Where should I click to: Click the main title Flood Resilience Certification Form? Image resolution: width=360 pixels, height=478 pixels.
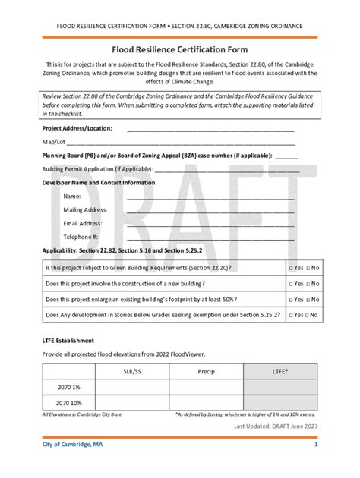pos(180,49)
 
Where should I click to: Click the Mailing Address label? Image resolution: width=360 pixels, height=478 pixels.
pos(84,209)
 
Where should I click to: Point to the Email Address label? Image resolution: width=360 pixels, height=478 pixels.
pos(82,223)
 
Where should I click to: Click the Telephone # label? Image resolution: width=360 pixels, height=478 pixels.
pos(81,237)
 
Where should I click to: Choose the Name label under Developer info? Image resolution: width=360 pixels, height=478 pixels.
pos(71,196)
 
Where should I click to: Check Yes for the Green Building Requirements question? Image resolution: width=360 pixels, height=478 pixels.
pos(292,268)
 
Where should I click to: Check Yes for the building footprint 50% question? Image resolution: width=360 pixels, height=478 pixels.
pos(292,299)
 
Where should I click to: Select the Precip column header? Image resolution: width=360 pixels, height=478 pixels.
pos(207,373)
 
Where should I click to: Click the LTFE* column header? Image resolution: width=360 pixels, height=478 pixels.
pos(279,373)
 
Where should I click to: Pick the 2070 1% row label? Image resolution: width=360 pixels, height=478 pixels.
pos(69,388)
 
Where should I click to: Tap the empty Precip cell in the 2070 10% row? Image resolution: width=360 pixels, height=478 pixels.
pos(207,403)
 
